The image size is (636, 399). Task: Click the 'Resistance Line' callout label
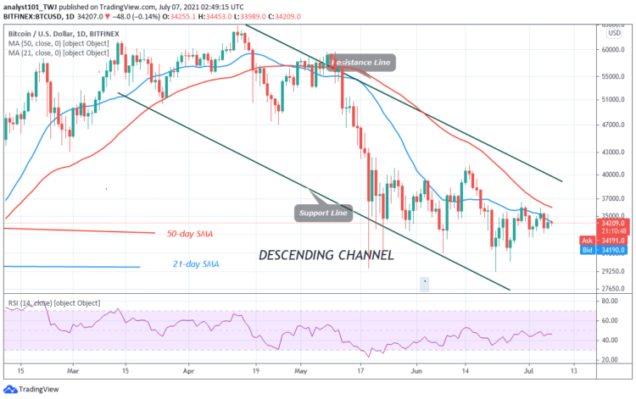361,62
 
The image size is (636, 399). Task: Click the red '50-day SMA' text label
189,231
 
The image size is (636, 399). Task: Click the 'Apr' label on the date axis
189,370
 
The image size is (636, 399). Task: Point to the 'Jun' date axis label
414,370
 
